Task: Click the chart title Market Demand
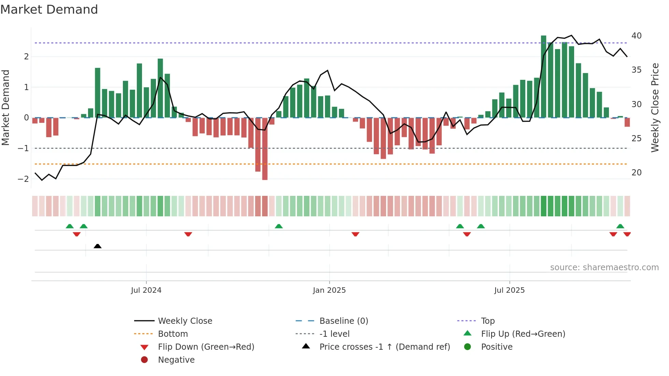tap(49, 10)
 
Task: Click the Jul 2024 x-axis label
tap(146, 290)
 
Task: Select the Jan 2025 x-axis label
tap(329, 290)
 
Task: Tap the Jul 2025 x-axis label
tap(509, 290)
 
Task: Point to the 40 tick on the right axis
tap(636, 36)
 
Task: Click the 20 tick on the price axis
tap(636, 173)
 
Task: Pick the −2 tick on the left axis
tap(23, 179)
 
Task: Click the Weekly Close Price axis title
tap(655, 107)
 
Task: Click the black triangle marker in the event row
tap(98, 246)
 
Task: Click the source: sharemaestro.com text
tap(604, 267)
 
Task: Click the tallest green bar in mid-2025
tap(543, 77)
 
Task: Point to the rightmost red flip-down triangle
tap(627, 234)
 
